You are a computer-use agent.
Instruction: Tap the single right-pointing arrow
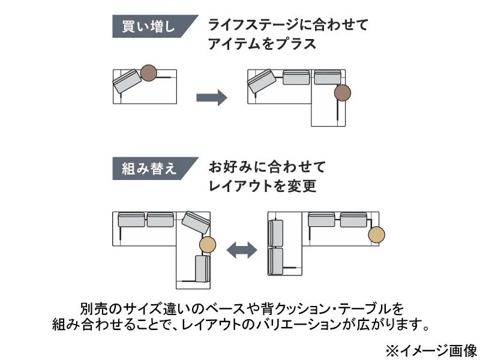pos(212,97)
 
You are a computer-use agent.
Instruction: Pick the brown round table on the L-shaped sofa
pos(343,92)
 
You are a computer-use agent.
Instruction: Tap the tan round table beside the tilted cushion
pos(208,244)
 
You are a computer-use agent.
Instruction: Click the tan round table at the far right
pos(377,235)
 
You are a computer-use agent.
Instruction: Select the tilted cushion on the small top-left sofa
pos(127,81)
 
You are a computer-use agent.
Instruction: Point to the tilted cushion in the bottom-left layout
pos(196,222)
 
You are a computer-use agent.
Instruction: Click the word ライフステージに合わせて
pos(287,25)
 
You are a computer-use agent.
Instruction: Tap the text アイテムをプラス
pos(262,44)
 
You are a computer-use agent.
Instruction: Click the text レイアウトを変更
pos(262,186)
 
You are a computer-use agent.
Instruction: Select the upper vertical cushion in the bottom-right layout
pos(276,233)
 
